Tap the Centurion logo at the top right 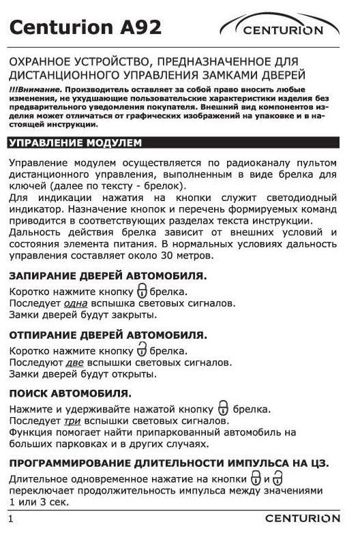(280, 28)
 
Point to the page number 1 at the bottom (12, 519)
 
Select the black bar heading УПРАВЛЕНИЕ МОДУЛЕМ (75, 143)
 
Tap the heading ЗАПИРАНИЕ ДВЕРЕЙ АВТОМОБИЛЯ (108, 276)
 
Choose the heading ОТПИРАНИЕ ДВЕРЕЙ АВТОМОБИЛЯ (108, 335)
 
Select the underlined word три (74, 421)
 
